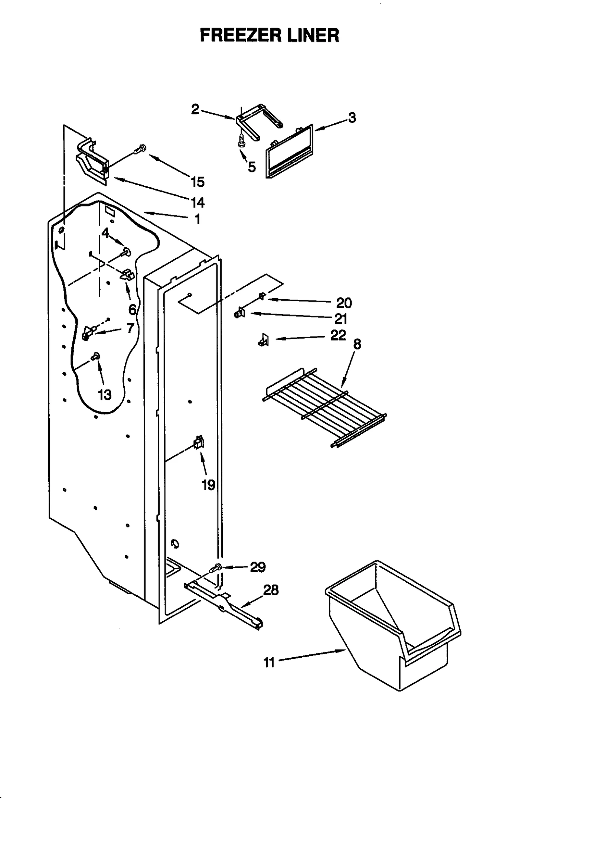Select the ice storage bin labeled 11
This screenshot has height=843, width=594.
(394, 628)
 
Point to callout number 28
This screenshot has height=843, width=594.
(271, 590)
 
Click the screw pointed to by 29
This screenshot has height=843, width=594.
(215, 568)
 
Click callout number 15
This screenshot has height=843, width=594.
(198, 182)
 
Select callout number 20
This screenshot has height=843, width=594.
(344, 303)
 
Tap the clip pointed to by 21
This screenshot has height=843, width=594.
(240, 313)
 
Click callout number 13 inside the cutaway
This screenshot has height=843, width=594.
(105, 395)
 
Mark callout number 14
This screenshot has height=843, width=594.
(198, 202)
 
